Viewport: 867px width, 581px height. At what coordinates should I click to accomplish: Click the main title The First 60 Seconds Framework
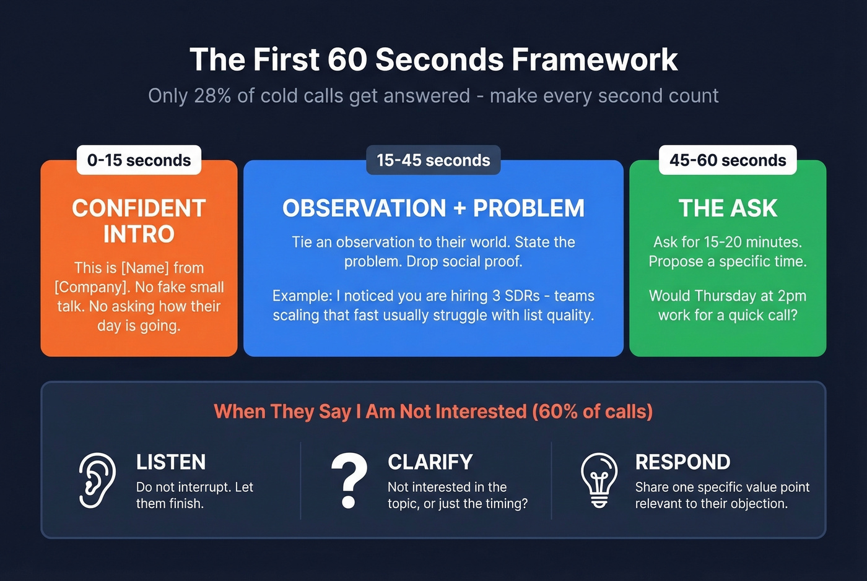434,59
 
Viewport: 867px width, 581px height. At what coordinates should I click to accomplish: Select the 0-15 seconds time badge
139,160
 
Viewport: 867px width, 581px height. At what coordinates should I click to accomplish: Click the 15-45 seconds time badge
434,160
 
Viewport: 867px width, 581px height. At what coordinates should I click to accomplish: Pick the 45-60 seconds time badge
728,160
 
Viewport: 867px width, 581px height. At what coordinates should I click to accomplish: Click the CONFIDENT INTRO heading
139,221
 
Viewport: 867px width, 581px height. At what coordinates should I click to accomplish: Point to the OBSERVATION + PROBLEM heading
434,209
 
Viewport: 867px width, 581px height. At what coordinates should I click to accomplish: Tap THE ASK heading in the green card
728,209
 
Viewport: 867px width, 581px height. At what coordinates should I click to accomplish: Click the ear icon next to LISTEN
98,481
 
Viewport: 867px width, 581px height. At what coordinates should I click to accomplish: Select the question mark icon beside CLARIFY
349,481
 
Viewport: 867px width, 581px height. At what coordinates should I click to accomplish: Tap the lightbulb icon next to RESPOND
599,481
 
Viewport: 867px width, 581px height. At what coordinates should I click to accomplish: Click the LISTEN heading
171,462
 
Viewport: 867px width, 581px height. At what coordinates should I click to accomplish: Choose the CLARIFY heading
430,462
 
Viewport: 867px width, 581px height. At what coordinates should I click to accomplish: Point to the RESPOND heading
682,462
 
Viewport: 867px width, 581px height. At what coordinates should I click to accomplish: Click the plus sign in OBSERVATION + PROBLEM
460,209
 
